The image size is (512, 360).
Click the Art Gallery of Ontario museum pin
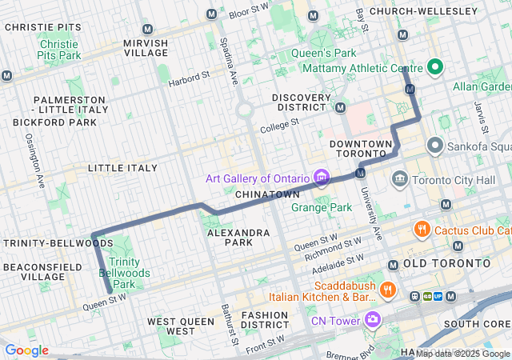[322, 177]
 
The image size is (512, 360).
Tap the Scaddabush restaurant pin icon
[388, 290]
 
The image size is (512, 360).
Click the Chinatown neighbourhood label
[268, 194]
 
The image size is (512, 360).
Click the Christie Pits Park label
[59, 50]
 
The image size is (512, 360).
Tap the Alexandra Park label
[238, 237]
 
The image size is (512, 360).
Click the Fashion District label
[264, 320]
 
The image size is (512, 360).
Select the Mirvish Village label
[146, 47]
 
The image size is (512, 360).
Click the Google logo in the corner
[26, 350]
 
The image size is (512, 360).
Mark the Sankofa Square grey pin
[435, 145]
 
